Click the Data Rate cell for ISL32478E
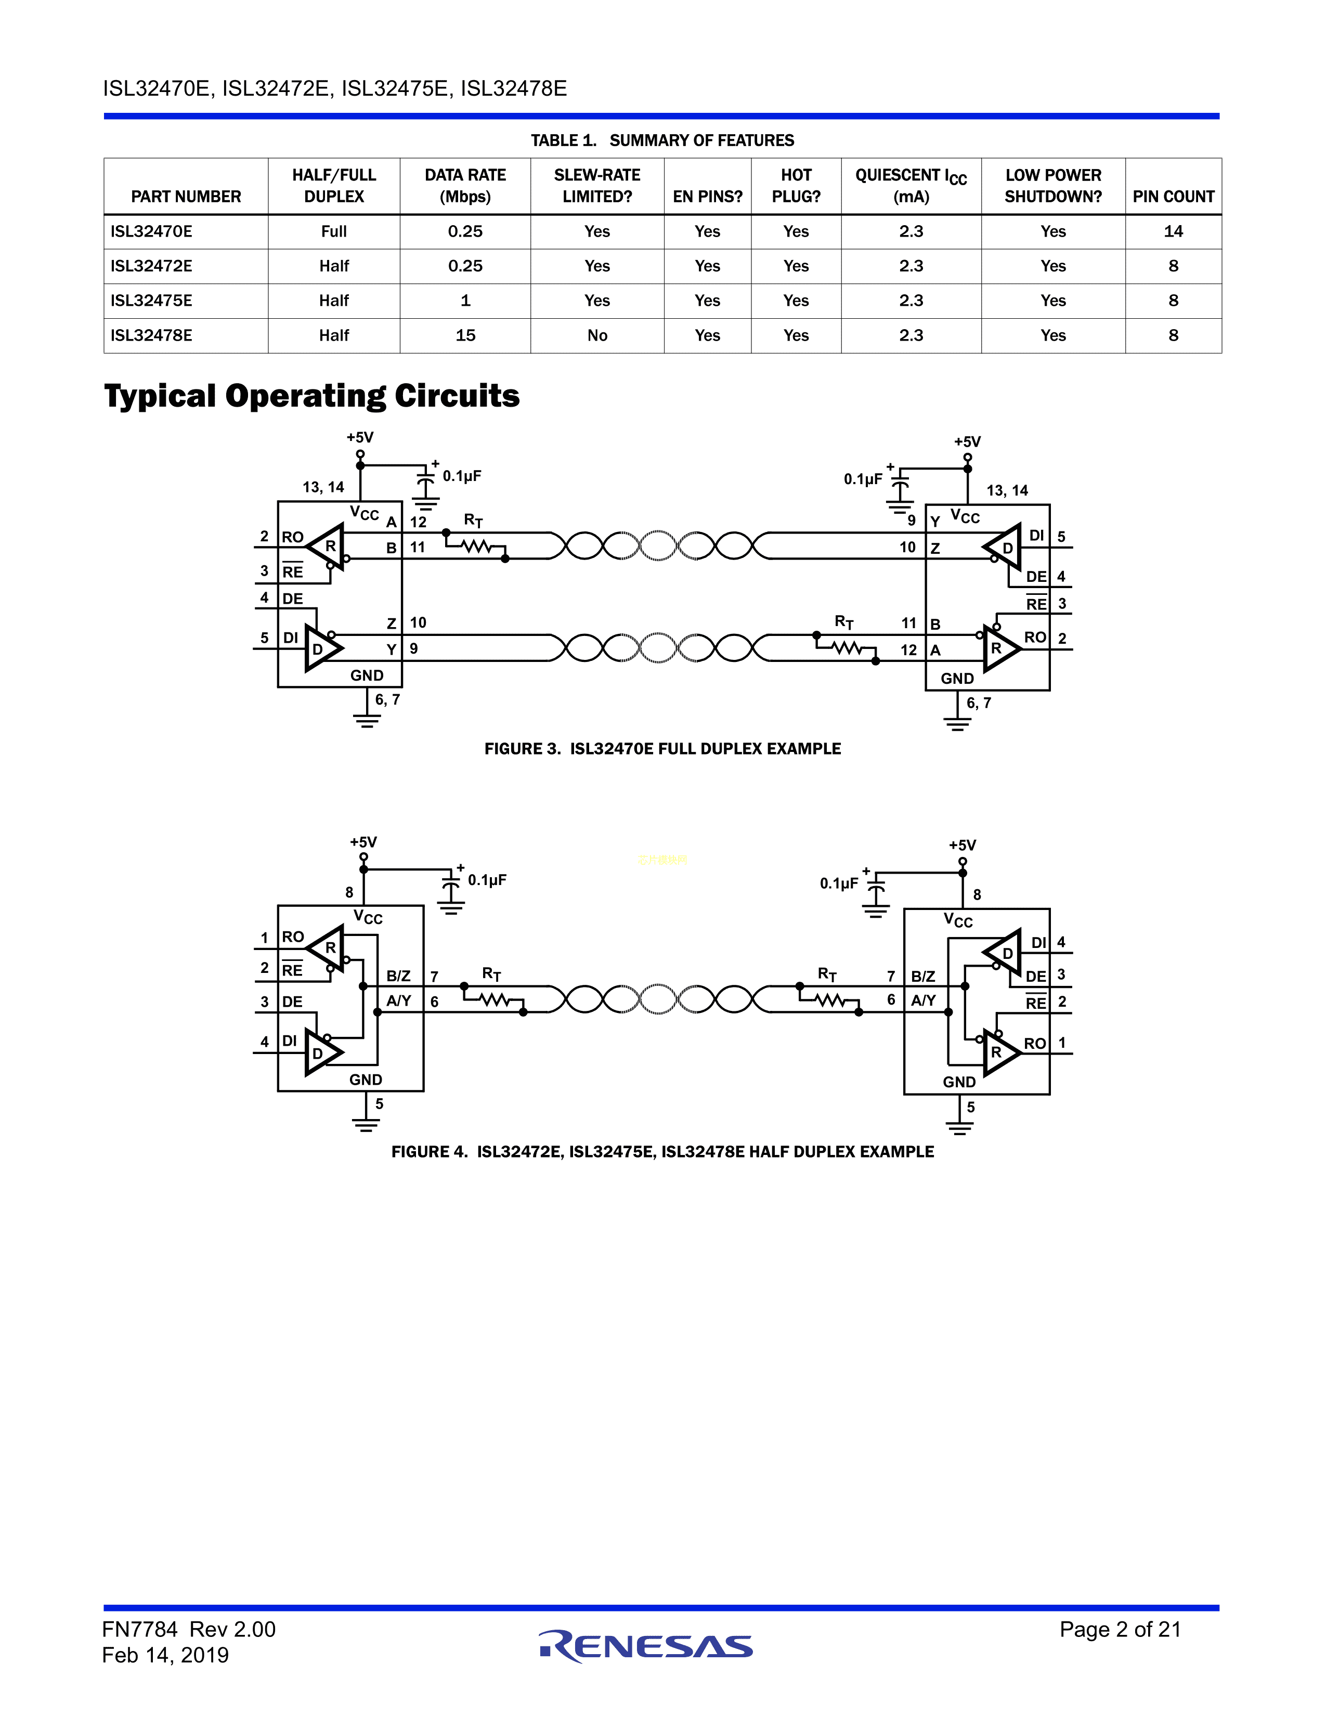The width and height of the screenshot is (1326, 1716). pyautogui.click(x=465, y=335)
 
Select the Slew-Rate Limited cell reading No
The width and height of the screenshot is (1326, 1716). pyautogui.click(x=597, y=335)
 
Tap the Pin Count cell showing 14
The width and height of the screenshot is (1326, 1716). pyautogui.click(x=1173, y=231)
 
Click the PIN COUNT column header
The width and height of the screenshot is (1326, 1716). pyautogui.click(x=1173, y=197)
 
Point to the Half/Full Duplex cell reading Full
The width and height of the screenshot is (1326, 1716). pyautogui.click(x=334, y=231)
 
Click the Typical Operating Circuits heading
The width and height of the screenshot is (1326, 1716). pyautogui.click(x=312, y=396)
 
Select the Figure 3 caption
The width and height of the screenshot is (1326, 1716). pyautogui.click(x=662, y=749)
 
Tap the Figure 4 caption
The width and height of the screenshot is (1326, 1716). pyautogui.click(x=662, y=1152)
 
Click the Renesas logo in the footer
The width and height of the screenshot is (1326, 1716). pyautogui.click(x=646, y=1646)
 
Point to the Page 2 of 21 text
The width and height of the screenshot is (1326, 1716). pyautogui.click(x=1120, y=1630)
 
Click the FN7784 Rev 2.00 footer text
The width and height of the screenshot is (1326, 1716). pyautogui.click(x=189, y=1630)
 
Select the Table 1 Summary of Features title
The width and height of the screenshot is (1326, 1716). pyautogui.click(x=662, y=140)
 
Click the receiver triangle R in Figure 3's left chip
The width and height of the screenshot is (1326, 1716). pyautogui.click(x=327, y=545)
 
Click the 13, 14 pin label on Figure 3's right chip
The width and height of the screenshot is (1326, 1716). pyautogui.click(x=1007, y=491)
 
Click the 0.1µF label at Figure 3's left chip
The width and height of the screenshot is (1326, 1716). pyautogui.click(x=462, y=476)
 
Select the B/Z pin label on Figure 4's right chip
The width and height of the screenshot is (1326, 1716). pyautogui.click(x=923, y=977)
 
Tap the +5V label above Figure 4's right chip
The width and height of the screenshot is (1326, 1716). pyautogui.click(x=963, y=846)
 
